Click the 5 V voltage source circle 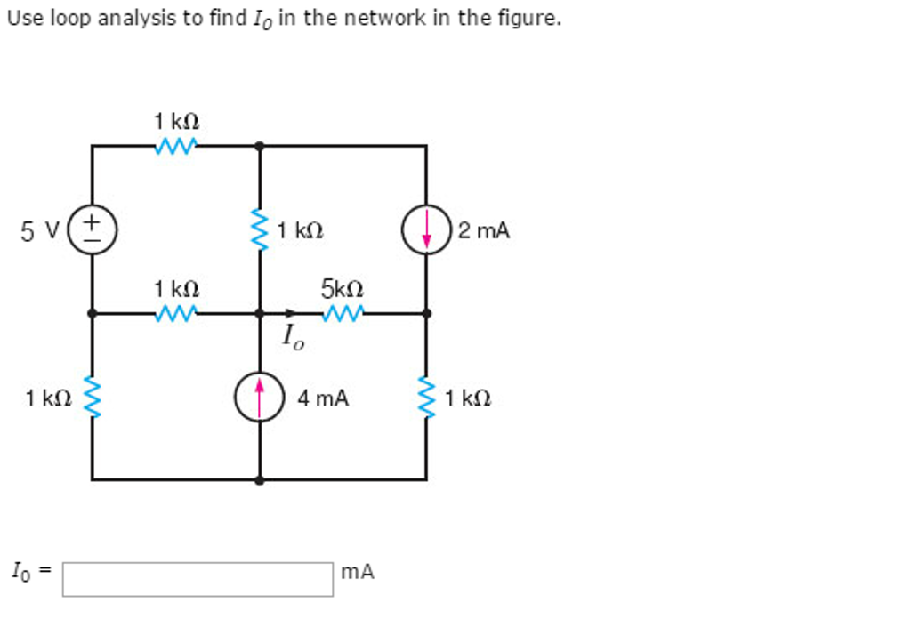[x=92, y=229]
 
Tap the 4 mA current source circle [x=260, y=398]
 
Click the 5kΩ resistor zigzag [x=343, y=313]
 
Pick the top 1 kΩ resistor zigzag [x=175, y=145]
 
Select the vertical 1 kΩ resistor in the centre [x=260, y=230]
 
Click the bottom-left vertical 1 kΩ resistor [x=92, y=397]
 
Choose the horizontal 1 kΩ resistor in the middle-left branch [x=175, y=313]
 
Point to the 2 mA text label [x=484, y=231]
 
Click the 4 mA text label [x=323, y=399]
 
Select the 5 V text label [x=39, y=231]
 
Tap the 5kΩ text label [x=343, y=289]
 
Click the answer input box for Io [x=198, y=578]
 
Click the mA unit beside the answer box [x=358, y=572]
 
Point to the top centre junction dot [x=260, y=145]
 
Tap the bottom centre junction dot [x=260, y=479]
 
